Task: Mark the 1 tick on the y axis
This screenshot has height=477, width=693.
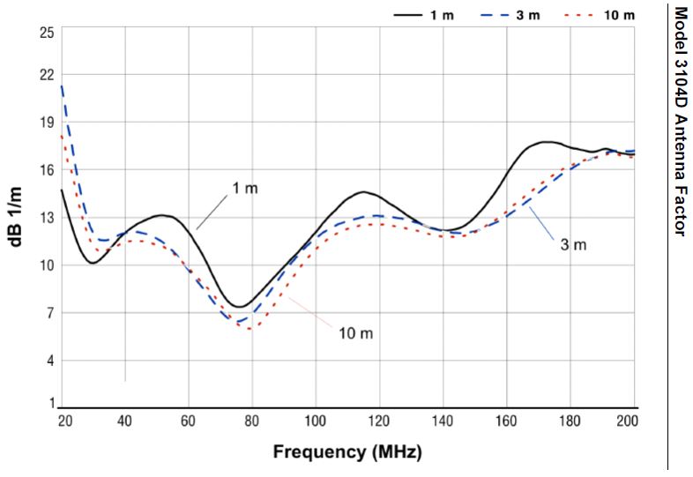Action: tap(50, 404)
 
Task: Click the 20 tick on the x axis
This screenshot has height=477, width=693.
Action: tap(63, 421)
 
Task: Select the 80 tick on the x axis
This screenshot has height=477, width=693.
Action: tap(252, 421)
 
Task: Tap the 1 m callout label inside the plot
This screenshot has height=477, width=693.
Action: tap(246, 189)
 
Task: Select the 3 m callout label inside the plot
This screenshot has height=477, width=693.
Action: tap(574, 243)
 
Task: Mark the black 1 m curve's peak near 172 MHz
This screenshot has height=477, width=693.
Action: tap(547, 142)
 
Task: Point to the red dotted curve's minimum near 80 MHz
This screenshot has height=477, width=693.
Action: tap(252, 329)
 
